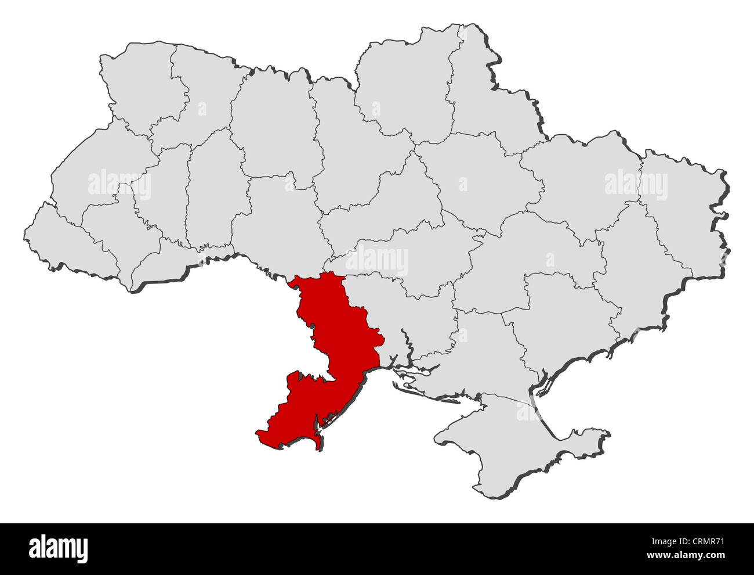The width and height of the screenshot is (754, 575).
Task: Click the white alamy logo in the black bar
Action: pos(58,548)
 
